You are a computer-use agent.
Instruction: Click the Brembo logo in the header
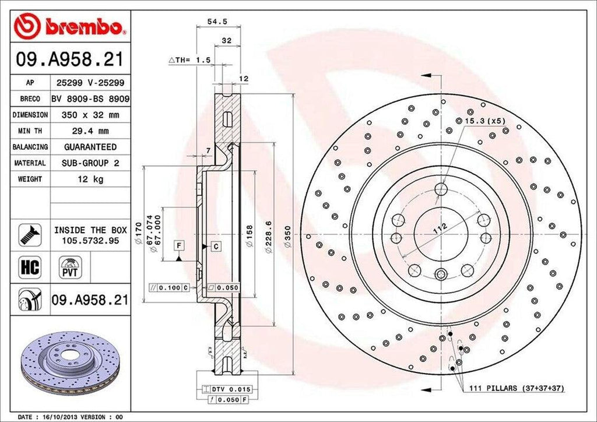tap(70, 26)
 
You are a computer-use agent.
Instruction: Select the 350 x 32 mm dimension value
tap(90, 115)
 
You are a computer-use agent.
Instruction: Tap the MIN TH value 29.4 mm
tap(90, 131)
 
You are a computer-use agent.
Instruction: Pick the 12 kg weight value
tap(90, 179)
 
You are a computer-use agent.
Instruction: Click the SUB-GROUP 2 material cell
tap(90, 163)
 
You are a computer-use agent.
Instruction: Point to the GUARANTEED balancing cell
tap(90, 147)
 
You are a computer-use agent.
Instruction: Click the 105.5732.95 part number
tap(90, 240)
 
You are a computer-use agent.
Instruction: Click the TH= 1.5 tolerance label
tap(189, 60)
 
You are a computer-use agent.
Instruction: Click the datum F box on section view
tap(178, 246)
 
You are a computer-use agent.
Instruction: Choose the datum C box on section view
tap(215, 247)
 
